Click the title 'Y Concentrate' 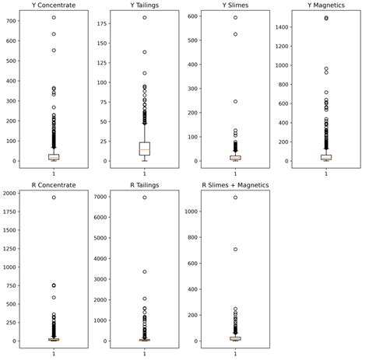pos(54,5)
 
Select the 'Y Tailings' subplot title pos(145,5)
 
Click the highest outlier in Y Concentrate pos(54,18)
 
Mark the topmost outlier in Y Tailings pos(145,18)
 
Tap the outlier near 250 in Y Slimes pos(235,101)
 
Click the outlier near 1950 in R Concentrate pos(54,197)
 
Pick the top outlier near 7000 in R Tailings pos(145,197)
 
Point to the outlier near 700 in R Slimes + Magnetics pos(235,250)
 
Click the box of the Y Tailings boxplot pos(145,149)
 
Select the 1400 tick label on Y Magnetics pos(281,27)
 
